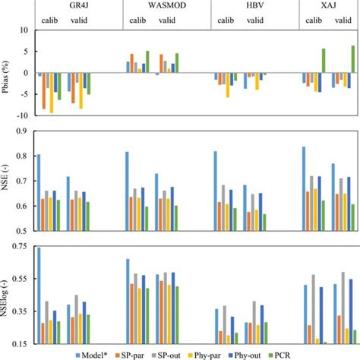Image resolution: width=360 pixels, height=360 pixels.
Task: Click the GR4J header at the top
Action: coord(77,5)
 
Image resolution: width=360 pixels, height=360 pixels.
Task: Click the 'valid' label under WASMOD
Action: coord(182,21)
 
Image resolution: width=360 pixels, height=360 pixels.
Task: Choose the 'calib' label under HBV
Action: coord(229,21)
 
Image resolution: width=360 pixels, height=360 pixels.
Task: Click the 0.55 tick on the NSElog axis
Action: coord(22,279)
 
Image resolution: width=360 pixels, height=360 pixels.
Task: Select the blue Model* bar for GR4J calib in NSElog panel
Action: coord(39,296)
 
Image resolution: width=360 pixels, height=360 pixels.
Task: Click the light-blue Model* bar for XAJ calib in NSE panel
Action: coord(305,188)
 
